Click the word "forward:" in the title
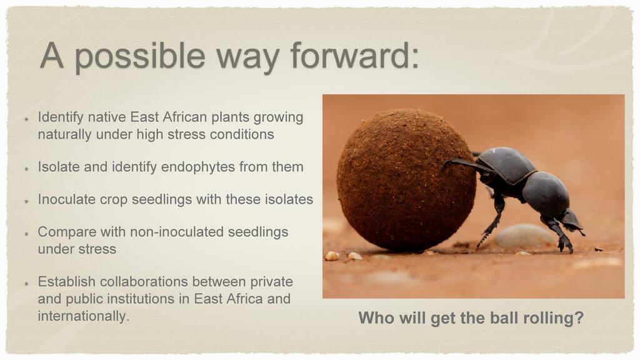354,56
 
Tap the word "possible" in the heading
139,57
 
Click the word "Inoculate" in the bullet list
66,199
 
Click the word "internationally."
84,316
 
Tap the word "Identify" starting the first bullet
61,117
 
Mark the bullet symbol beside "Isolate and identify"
26,169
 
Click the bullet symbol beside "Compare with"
26,234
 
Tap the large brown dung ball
406,180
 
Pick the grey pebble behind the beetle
524,236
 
